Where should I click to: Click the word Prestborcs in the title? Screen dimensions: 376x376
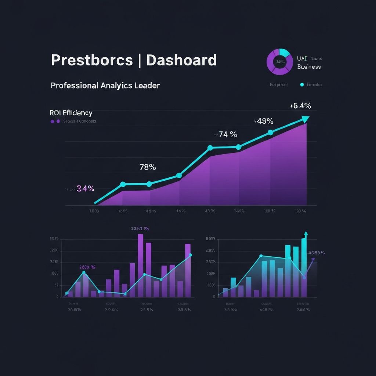point(91,60)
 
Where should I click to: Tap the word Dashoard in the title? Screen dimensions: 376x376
point(181,60)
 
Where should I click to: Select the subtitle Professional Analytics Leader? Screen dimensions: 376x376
point(105,86)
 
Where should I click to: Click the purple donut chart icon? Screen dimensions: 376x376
point(279,61)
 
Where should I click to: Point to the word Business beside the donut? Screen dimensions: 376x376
point(309,67)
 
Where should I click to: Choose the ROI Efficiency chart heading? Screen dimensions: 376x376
point(71,113)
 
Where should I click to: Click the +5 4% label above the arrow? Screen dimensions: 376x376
point(300,106)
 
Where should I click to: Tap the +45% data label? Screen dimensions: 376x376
point(263,121)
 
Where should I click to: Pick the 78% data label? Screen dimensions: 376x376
point(148,167)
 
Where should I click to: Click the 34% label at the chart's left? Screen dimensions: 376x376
point(85,189)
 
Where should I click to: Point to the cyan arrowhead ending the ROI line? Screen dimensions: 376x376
point(305,119)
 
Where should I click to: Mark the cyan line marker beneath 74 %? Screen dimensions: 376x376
point(210,148)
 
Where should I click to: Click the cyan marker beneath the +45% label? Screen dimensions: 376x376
point(270,133)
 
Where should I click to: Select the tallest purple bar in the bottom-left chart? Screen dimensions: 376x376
point(140,265)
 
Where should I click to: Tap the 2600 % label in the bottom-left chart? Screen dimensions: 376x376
point(87,267)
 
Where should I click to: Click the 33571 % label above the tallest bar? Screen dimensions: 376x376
point(140,228)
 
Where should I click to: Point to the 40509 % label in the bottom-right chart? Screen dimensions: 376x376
point(316,253)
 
